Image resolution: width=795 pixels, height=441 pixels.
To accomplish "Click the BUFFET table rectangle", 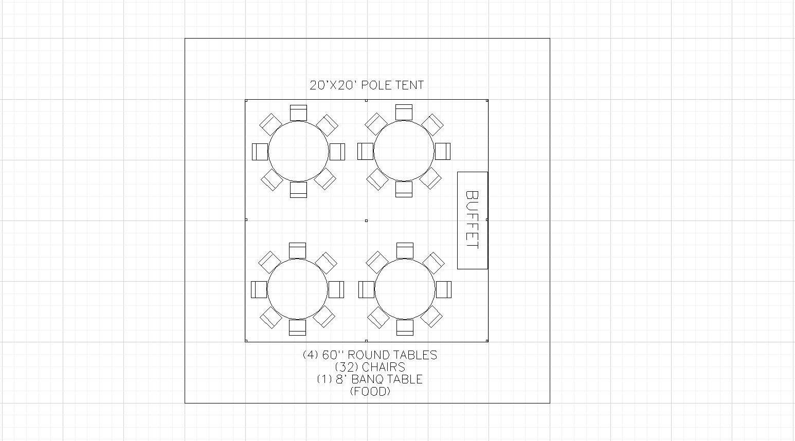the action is (x=473, y=220).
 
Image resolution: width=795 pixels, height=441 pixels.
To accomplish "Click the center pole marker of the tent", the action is (x=366, y=220).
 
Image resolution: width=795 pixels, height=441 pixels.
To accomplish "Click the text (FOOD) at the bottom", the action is (x=370, y=391).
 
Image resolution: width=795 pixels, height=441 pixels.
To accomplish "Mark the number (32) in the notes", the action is (x=346, y=367).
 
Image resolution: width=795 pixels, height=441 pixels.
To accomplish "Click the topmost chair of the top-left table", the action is (x=298, y=113).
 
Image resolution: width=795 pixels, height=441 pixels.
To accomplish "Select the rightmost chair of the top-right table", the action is (x=443, y=152).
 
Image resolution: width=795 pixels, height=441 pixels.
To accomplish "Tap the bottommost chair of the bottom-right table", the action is (x=405, y=327).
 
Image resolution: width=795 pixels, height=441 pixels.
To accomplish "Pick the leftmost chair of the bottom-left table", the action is (x=259, y=289).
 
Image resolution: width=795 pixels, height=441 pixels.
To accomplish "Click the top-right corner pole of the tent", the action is (x=487, y=101).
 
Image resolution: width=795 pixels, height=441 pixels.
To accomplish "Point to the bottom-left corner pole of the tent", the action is (x=246, y=341).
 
